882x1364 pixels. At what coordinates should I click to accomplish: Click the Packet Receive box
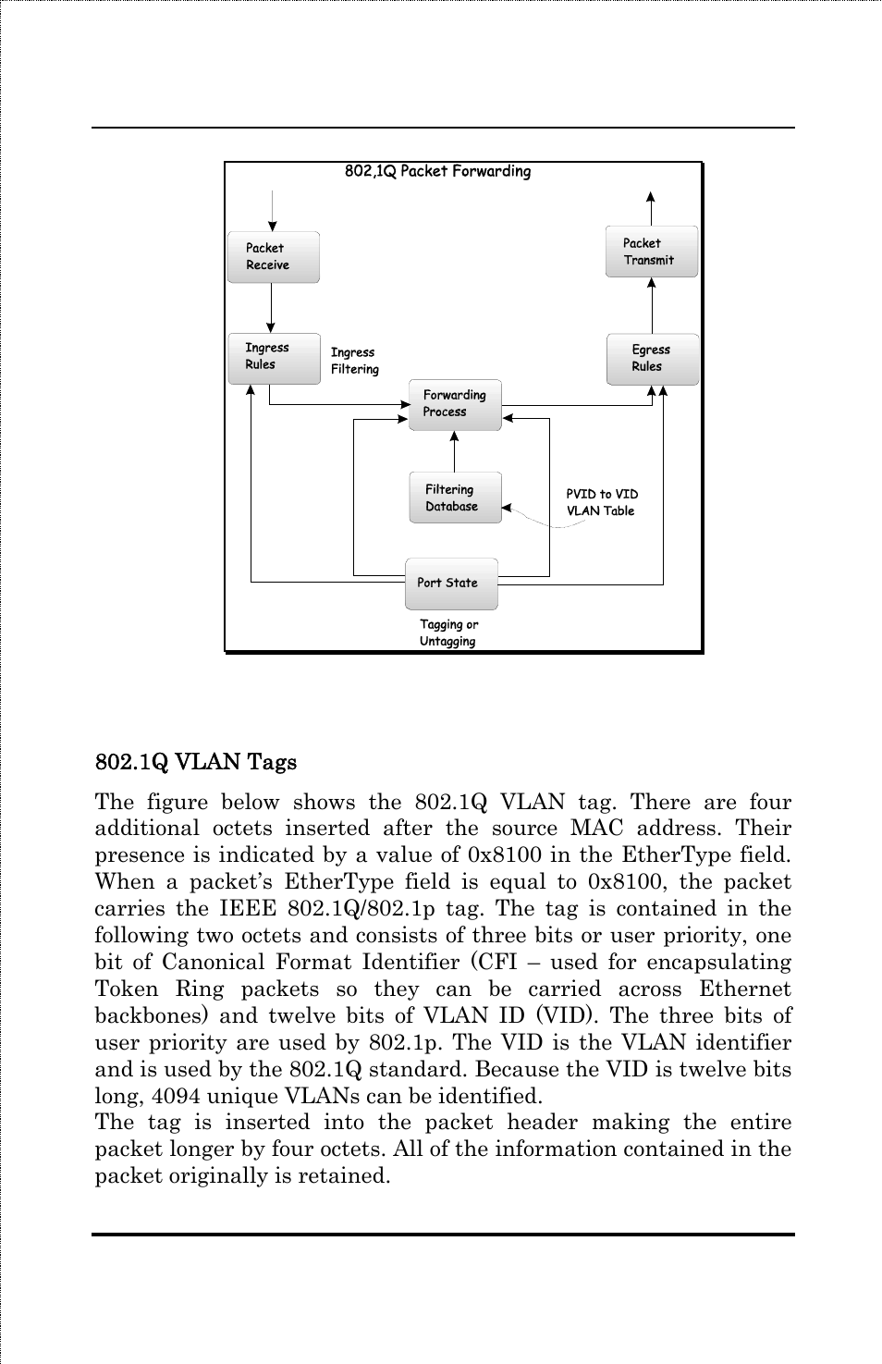[x=273, y=257]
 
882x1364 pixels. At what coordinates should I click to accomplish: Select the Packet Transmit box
[x=651, y=252]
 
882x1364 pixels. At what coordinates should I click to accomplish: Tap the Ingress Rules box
[x=274, y=358]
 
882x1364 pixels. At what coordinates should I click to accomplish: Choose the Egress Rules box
[x=652, y=359]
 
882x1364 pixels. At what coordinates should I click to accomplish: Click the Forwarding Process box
[x=455, y=404]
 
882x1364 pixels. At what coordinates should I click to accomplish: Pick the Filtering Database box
[x=455, y=498]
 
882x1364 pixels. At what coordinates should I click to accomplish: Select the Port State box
[x=451, y=584]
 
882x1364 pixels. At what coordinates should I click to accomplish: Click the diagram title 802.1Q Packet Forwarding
[x=437, y=171]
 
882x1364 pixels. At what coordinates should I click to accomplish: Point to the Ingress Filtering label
[x=354, y=361]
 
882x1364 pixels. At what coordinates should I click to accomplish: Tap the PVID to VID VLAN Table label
[x=602, y=502]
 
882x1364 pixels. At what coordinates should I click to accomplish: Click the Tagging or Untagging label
[x=448, y=633]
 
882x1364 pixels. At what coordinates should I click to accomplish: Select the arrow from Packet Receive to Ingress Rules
[x=271, y=308]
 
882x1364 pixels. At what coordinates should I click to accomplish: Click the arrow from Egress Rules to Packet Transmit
[x=652, y=305]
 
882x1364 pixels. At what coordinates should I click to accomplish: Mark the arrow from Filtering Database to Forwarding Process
[x=454, y=451]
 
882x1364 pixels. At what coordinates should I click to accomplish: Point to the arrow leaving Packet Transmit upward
[x=651, y=208]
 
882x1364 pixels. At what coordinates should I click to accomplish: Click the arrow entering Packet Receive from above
[x=272, y=211]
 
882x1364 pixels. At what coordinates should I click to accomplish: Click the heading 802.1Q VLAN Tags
[x=196, y=762]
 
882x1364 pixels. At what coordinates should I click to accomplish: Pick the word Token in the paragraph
[x=127, y=989]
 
